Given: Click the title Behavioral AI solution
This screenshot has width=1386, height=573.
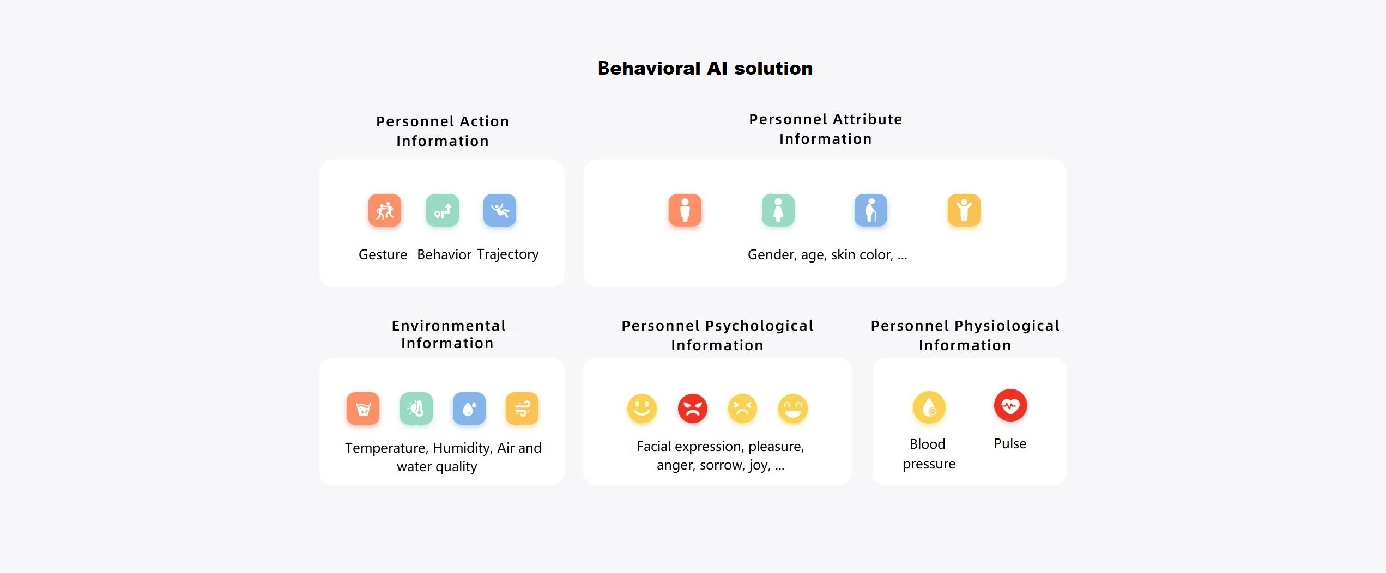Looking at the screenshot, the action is (705, 68).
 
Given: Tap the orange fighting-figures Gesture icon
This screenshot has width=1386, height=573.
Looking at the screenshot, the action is (385, 210).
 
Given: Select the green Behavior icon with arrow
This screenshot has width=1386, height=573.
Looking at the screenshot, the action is (443, 210).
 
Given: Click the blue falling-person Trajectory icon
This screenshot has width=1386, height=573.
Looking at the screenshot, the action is (500, 210).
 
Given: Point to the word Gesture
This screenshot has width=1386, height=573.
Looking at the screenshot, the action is (383, 254).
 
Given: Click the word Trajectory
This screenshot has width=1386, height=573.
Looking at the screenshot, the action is (508, 254).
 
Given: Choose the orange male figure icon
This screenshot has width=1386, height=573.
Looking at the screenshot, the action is (685, 210).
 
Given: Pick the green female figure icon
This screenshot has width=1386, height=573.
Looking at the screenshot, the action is (778, 210).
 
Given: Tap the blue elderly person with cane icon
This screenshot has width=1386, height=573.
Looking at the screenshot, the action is (871, 210).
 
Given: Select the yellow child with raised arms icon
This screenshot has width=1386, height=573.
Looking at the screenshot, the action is (964, 210).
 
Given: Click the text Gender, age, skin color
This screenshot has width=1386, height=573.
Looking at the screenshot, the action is (820, 254).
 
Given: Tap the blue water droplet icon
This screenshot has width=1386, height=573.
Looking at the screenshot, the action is (469, 409).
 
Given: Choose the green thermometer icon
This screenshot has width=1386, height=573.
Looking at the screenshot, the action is (416, 409).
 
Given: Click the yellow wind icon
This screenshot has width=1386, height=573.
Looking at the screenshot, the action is (522, 409).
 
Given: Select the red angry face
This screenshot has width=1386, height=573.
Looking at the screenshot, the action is (693, 409).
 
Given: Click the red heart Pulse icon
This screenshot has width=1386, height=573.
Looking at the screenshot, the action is (1010, 406).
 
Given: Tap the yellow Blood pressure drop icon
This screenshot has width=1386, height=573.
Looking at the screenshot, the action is (929, 407).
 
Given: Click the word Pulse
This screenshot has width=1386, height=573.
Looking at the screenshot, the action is (1010, 443).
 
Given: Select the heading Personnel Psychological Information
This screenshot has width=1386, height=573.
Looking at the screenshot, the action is (717, 336).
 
